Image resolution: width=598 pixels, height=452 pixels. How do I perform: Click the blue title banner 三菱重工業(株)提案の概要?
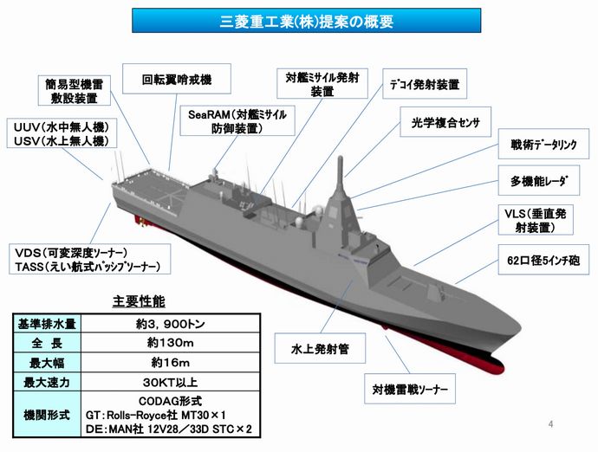click(298, 21)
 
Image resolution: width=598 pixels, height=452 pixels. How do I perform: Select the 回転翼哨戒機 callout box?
click(176, 81)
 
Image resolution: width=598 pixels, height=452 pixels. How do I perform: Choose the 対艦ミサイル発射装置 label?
click(322, 84)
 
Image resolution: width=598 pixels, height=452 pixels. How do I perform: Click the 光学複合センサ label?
click(445, 122)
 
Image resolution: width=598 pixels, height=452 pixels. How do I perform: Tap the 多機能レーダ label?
click(539, 183)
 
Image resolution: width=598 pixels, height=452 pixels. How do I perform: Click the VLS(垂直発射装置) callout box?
click(539, 220)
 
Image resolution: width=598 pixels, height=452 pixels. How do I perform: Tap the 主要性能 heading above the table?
click(140, 302)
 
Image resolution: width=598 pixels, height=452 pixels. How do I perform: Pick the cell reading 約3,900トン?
click(177, 325)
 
